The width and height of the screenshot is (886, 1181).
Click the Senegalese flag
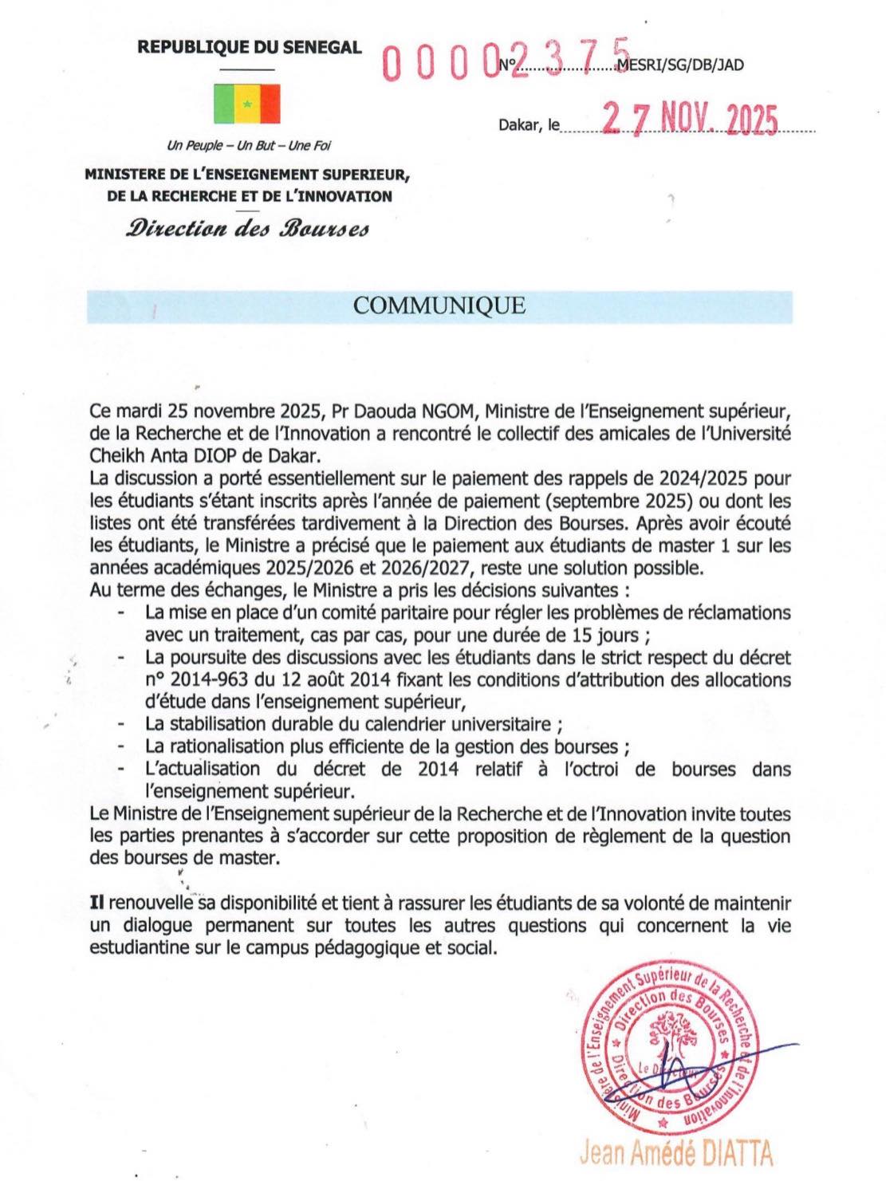click(247, 104)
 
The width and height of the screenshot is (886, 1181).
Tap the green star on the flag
click(247, 104)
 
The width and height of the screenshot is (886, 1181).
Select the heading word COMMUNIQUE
click(439, 306)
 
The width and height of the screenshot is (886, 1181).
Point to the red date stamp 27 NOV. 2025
click(690, 121)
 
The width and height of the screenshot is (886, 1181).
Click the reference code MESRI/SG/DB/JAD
click(681, 65)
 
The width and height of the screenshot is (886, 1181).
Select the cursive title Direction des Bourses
click(247, 229)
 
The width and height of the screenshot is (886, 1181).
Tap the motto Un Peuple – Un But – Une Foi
click(248, 146)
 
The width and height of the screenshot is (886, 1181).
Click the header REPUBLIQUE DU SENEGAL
click(250, 47)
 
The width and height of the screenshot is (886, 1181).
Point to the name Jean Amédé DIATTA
click(676, 1152)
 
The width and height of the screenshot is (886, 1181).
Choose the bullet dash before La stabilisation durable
click(121, 725)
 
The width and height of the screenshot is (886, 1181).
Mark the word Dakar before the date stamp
click(519, 125)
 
